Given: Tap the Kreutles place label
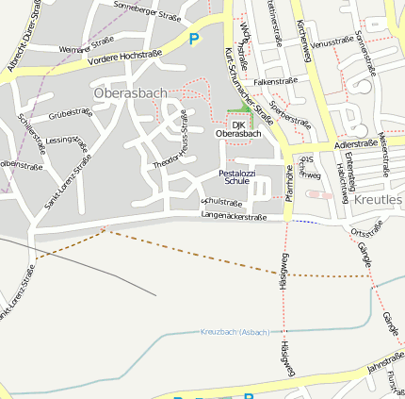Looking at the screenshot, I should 379,200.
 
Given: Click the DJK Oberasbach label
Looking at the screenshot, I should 238,129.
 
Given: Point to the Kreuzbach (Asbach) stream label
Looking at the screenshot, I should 235,332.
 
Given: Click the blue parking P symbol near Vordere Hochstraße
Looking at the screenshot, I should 194,39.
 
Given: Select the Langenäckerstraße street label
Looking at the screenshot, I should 235,217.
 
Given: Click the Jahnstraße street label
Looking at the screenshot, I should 385,360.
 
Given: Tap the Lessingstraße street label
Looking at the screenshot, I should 67,146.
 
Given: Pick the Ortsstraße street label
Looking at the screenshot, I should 366,227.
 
